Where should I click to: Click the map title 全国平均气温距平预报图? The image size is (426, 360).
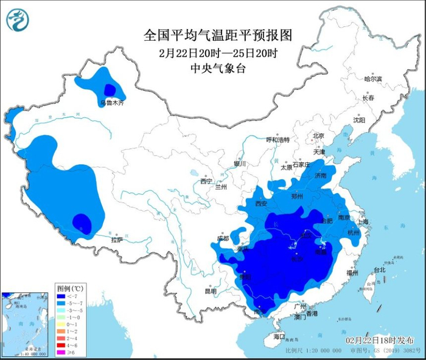tap(218, 35)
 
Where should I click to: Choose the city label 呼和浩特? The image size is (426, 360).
tap(278, 139)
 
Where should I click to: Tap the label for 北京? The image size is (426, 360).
tap(318, 135)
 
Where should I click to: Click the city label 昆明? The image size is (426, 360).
tap(211, 291)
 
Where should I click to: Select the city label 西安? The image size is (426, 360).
tap(261, 204)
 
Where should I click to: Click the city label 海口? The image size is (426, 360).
tap(279, 336)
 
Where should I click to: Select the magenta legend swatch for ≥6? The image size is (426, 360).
tap(62, 351)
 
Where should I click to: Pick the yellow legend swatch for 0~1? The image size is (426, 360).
tap(62, 324)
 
